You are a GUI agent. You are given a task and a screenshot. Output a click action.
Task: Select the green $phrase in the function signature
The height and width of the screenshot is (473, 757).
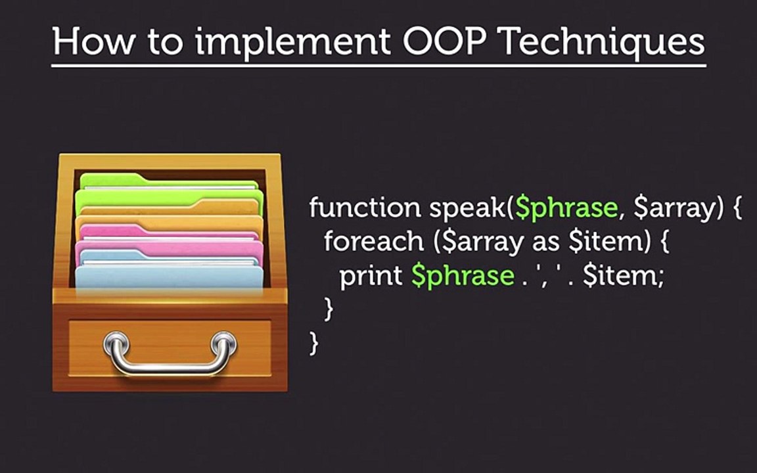pyautogui.click(x=566, y=209)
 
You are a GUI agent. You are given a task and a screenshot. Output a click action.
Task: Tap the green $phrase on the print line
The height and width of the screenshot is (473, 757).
pyautogui.click(x=463, y=276)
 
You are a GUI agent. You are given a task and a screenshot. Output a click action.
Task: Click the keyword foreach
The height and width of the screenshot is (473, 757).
pyautogui.click(x=374, y=242)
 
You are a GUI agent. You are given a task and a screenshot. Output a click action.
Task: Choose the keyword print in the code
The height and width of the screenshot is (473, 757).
pyautogui.click(x=371, y=276)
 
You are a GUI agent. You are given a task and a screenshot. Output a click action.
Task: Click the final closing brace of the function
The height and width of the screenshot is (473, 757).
pyautogui.click(x=314, y=343)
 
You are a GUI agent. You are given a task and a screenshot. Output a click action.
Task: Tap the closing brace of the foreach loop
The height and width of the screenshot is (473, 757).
pyautogui.click(x=329, y=309)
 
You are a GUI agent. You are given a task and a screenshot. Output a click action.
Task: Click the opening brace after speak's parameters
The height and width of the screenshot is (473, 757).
pyautogui.click(x=737, y=209)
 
